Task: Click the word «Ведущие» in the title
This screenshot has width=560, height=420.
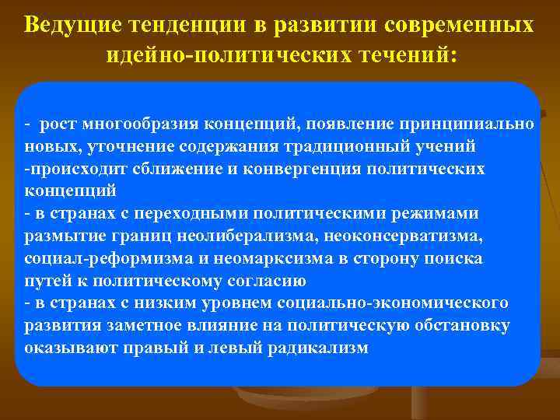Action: coord(68,24)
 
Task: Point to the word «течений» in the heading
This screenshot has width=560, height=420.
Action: coord(406,55)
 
